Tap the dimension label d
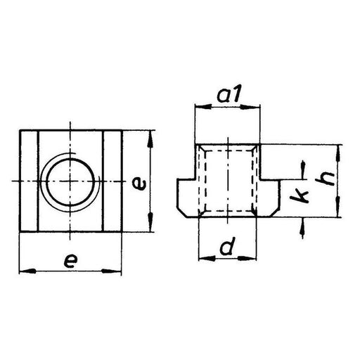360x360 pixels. [226, 247]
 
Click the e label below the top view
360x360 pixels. [70, 259]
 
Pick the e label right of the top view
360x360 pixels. [141, 185]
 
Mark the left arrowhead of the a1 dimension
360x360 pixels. [198, 107]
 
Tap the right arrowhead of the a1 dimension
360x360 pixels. [257, 107]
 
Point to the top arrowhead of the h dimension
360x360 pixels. [339, 148]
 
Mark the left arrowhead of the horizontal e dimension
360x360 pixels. [23, 269]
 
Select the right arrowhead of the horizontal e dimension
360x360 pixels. [118, 269]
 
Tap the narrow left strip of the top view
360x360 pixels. [27, 181]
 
